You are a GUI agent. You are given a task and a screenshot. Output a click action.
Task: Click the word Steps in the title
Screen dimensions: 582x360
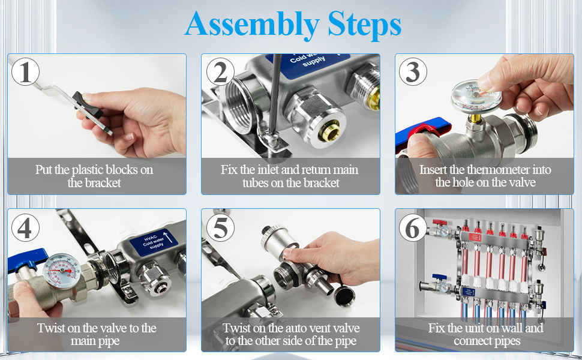pos(364,25)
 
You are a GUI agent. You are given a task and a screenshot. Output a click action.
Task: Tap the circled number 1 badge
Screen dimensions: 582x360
pos(25,72)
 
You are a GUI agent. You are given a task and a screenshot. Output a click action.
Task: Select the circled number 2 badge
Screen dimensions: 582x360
pos(220,72)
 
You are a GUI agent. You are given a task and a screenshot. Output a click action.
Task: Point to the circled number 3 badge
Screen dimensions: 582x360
pos(413,72)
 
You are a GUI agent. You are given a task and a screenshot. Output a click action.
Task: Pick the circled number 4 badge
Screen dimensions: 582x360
pos(25,227)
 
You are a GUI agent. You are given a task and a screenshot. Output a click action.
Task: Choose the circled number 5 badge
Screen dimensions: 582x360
pos(220,227)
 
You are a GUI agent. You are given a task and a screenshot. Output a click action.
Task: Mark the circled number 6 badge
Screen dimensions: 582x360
pos(413,227)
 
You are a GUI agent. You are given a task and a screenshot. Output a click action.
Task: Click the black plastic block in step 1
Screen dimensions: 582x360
pos(88,106)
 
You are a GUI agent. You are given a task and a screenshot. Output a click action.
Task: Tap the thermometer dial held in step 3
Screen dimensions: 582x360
pos(476,97)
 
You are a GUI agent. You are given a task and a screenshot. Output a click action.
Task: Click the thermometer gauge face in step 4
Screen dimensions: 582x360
pos(62,271)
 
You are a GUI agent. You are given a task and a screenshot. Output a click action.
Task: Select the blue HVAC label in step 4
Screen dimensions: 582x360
pos(153,242)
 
